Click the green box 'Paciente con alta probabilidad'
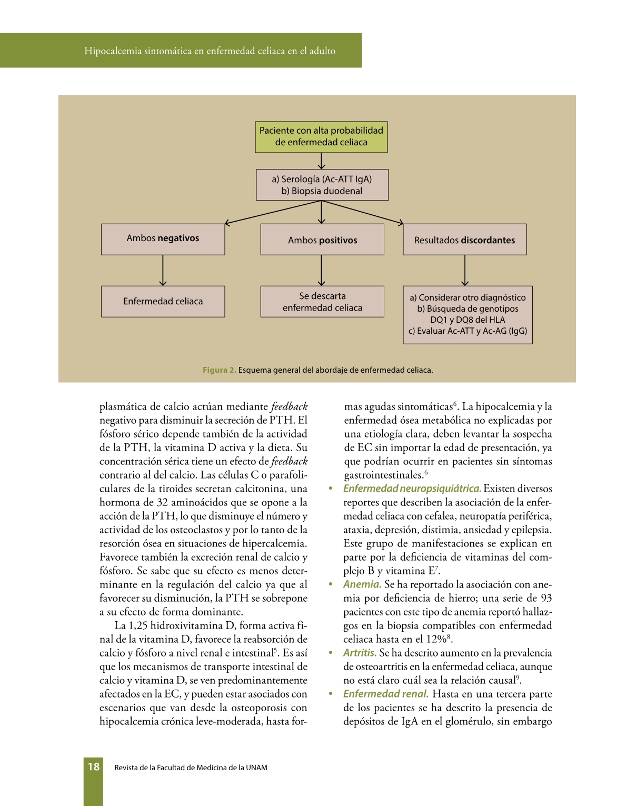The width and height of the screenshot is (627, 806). tap(321, 137)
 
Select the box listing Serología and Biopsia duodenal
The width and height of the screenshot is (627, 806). tap(322, 185)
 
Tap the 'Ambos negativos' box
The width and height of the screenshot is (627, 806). tap(163, 239)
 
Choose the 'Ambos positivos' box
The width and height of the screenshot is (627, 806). tap(322, 240)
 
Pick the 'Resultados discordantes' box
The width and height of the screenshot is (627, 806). tap(464, 240)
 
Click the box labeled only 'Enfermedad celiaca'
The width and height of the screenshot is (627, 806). tap(163, 302)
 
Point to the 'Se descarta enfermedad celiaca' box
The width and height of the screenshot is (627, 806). tap(322, 302)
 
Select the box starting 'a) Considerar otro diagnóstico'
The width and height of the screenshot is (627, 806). tap(467, 315)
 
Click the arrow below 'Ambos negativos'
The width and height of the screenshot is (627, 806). tap(163, 271)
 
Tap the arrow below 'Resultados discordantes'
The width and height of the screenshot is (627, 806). tap(465, 271)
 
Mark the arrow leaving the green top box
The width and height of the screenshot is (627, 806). tap(322, 161)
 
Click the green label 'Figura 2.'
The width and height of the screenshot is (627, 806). tap(219, 370)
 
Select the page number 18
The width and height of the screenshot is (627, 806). tap(94, 767)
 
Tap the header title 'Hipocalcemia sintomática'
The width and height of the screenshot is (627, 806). tap(210, 51)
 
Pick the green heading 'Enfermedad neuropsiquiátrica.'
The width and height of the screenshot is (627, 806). tap(412, 489)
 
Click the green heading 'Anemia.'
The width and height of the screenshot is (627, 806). tap(362, 584)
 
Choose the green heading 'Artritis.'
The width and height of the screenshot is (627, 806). tap(360, 653)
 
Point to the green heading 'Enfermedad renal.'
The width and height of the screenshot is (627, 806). tap(385, 694)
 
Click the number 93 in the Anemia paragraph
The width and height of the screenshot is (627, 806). tap(546, 598)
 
